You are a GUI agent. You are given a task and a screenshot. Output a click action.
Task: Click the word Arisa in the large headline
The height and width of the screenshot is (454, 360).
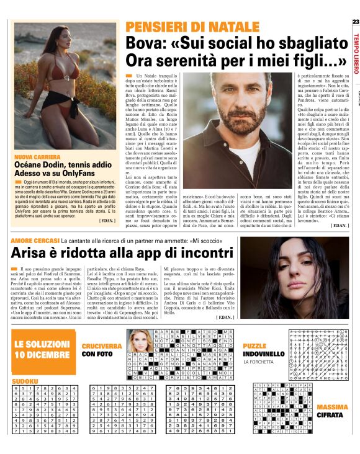pos(31,252)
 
